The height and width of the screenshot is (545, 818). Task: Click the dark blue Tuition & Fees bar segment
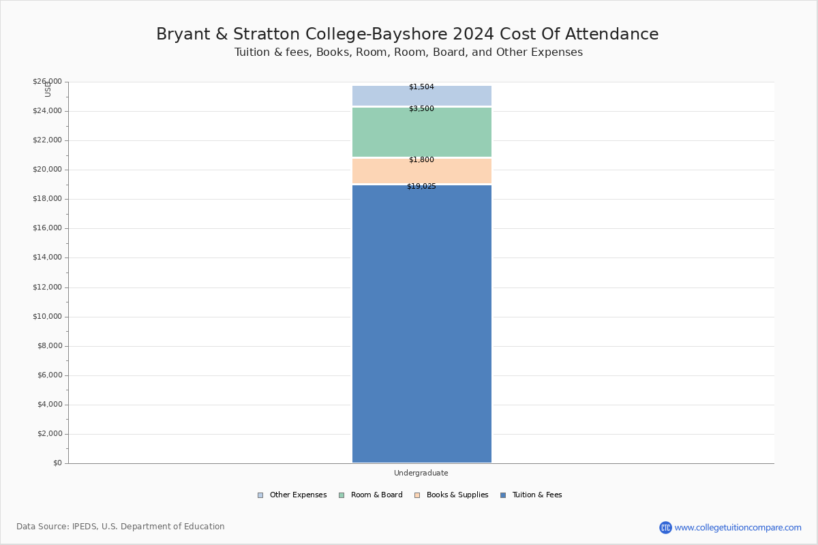(x=421, y=324)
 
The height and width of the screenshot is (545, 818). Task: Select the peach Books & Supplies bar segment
(x=421, y=172)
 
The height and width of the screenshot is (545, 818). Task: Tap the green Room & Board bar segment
(x=421, y=133)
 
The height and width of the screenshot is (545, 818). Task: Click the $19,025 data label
(x=421, y=187)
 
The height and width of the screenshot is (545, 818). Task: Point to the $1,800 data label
(x=421, y=160)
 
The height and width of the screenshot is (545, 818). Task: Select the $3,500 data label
(x=421, y=109)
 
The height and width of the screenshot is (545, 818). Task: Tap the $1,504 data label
(x=421, y=87)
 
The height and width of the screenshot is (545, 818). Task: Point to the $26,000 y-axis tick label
(x=47, y=82)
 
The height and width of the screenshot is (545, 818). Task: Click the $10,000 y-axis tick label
(x=47, y=317)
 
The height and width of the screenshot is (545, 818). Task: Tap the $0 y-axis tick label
(x=57, y=463)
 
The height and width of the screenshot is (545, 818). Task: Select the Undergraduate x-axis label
(x=421, y=473)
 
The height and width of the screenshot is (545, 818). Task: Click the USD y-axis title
(x=48, y=89)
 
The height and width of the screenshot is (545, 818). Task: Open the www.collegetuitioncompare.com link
(x=738, y=527)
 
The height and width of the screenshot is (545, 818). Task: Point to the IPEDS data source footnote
(x=121, y=527)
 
